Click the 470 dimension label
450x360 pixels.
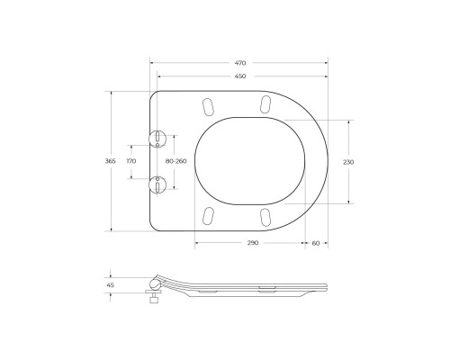pos(240,63)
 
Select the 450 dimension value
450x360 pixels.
pos(240,76)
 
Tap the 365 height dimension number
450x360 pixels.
pos(110,161)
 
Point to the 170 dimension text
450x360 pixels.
pos(131,161)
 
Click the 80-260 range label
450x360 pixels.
pos(176,161)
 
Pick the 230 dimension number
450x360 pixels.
pos(348,162)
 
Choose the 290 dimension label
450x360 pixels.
pos(253,243)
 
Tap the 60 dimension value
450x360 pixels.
pos(316,243)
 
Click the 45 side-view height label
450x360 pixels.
pos(111,285)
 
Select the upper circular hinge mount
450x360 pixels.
pos(157,139)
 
